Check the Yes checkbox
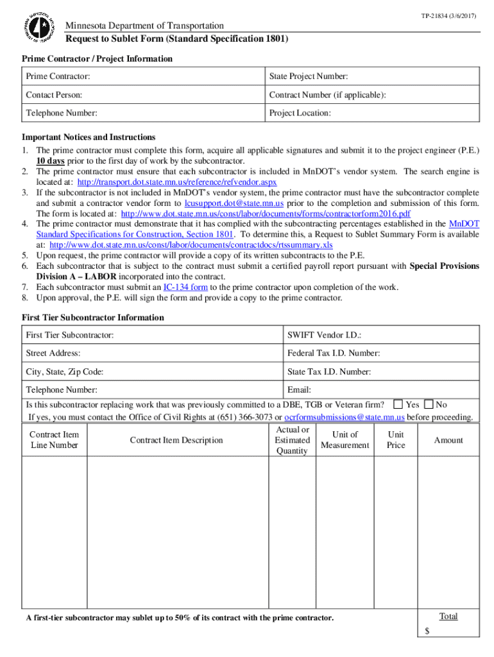coord(398,404)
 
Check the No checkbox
coord(429,404)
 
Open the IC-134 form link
coord(185,287)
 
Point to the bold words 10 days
coord(50,160)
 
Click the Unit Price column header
coord(396,439)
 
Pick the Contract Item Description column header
coord(176,440)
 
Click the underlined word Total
coord(448,616)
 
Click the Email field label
coord(299,389)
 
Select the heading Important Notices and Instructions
coord(89,137)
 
